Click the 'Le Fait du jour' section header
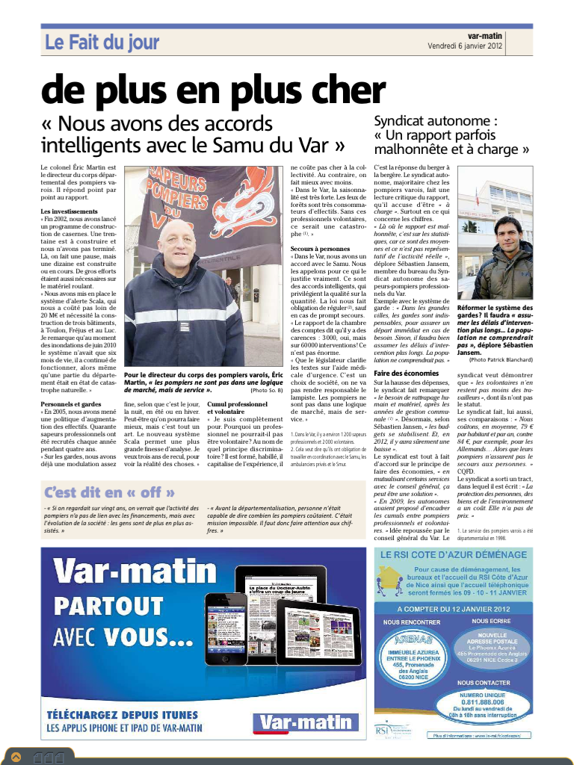[102, 43]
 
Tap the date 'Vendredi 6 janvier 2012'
[466, 46]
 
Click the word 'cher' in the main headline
[348, 91]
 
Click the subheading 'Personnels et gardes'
[71, 404]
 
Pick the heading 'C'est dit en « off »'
[110, 492]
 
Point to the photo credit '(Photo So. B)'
[266, 390]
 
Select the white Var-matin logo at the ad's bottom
[306, 722]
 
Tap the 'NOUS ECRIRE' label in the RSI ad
[491, 621]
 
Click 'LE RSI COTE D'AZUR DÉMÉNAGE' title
[454, 555]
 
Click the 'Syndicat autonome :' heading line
[436, 120]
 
